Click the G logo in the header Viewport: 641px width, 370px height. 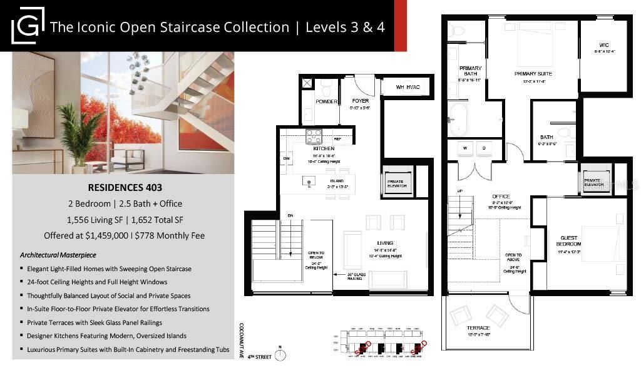28,26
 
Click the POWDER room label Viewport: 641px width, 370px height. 327,101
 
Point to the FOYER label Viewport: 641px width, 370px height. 360,100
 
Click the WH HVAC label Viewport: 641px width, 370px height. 407,87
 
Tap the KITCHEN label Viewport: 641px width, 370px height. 324,148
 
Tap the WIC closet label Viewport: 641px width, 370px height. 603,45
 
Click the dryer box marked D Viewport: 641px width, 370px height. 485,148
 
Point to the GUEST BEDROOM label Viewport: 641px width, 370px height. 569,241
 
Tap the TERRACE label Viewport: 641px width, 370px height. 478,327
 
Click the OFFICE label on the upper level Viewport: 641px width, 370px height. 501,197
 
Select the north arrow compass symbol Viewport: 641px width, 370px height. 280,355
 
